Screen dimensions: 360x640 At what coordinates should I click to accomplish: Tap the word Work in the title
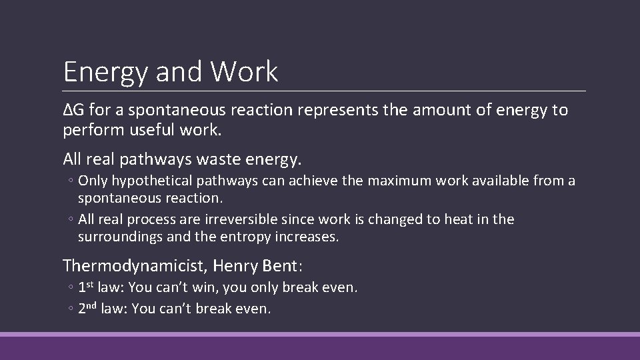[245, 71]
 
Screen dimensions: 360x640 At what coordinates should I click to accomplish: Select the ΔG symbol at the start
[71, 110]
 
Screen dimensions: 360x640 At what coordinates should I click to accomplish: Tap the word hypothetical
[151, 181]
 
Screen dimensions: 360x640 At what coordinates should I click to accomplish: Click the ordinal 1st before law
[86, 288]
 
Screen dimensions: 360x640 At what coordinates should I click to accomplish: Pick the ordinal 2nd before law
[89, 308]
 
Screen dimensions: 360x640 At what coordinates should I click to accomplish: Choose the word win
[217, 289]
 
